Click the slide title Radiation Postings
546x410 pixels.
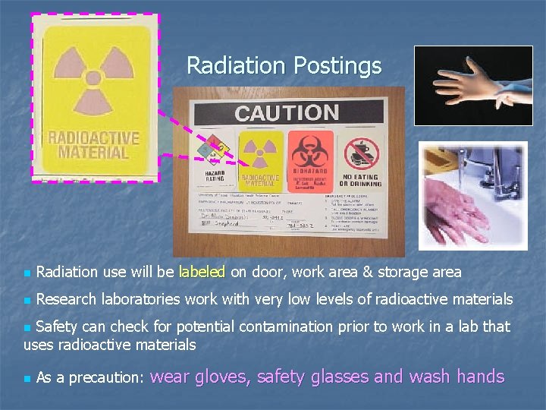point(284,65)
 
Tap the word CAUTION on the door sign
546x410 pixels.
point(287,113)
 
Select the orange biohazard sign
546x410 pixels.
point(309,160)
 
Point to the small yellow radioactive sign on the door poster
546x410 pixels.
point(260,160)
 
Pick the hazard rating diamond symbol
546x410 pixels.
point(215,150)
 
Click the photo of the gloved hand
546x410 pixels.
point(473,86)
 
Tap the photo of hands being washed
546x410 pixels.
point(473,196)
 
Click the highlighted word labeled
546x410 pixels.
point(202,272)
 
